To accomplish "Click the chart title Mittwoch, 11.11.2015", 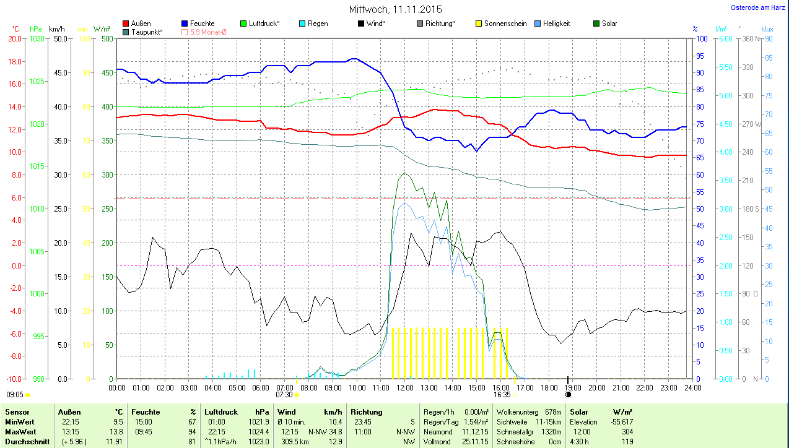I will (395, 9).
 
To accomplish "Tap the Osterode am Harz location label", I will (758, 8).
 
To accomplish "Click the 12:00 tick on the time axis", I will (404, 388).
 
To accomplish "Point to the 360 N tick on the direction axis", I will (751, 38).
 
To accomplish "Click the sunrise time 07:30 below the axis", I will (284, 394).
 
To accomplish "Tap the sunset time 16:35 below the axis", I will (502, 394).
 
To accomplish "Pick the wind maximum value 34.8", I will (336, 431).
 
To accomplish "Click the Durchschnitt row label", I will (25, 442).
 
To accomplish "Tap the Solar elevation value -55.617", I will (619, 421).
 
